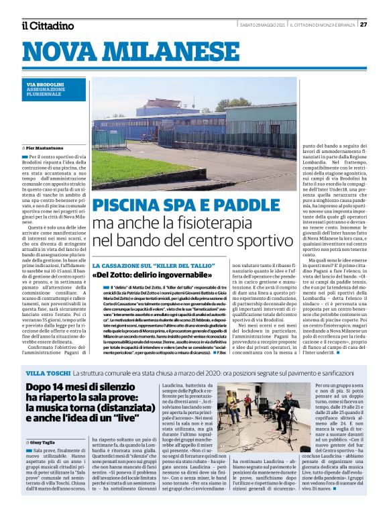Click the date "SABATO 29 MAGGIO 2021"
pos(262,25)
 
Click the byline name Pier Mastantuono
pos(50,146)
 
